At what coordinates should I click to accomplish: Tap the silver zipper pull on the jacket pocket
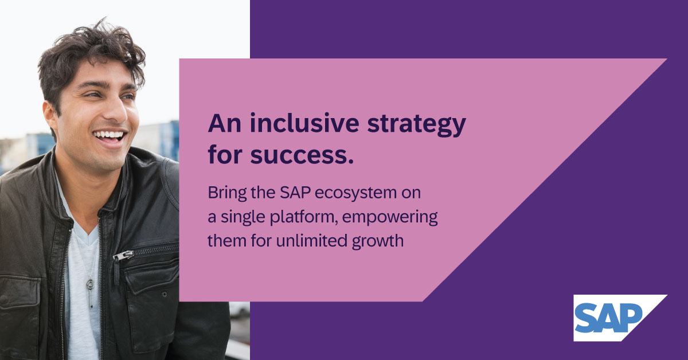coord(121,255)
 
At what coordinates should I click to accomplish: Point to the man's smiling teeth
coord(110,136)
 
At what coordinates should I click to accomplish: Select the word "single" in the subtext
coord(238,218)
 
